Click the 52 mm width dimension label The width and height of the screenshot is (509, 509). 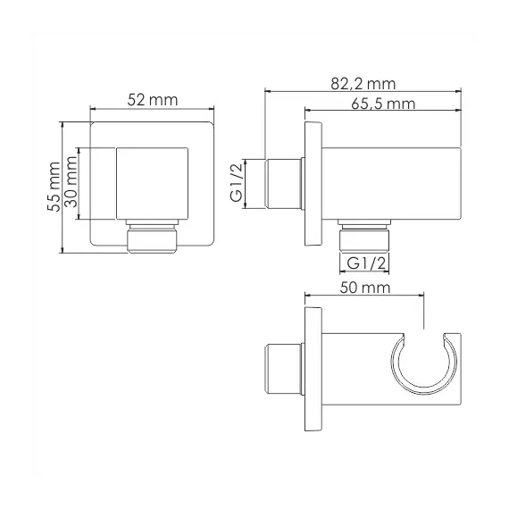point(152,100)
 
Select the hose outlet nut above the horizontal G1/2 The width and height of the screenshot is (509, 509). point(365,236)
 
